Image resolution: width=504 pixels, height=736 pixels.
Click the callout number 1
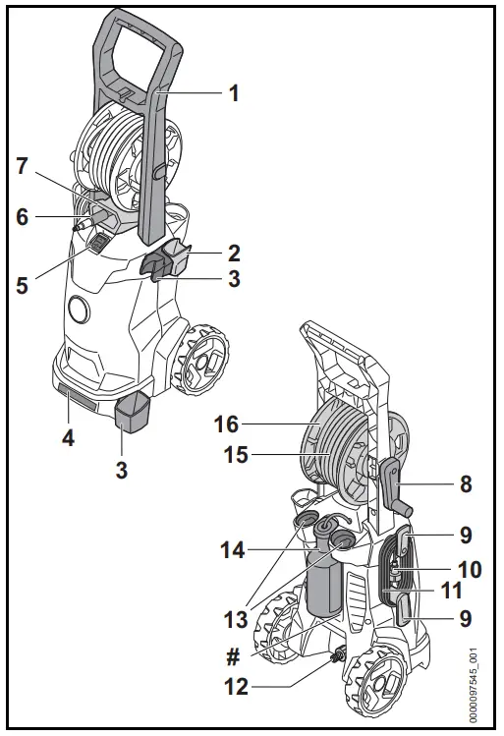(x=234, y=93)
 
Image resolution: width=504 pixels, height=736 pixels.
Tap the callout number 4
(x=69, y=438)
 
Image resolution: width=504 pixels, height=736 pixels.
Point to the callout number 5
(x=21, y=287)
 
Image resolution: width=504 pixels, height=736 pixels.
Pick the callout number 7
(x=21, y=165)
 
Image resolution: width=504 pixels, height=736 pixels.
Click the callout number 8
(x=466, y=483)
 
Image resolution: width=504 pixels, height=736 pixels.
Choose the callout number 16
(x=228, y=424)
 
